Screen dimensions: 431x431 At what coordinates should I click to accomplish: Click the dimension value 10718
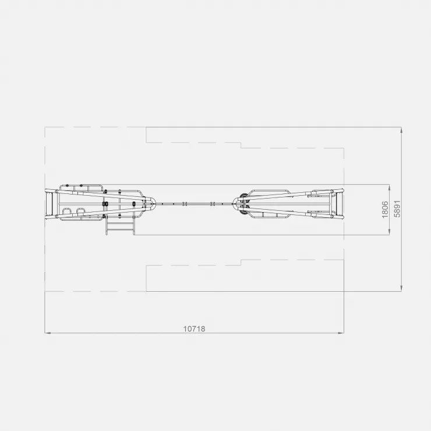click(x=194, y=328)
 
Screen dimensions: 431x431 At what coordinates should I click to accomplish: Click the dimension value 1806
click(x=385, y=210)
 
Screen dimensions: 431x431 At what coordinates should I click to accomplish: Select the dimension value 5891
click(x=397, y=209)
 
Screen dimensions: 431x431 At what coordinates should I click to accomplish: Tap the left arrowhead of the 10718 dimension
click(x=48, y=333)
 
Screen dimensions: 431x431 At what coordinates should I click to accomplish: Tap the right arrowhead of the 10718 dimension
click(x=341, y=333)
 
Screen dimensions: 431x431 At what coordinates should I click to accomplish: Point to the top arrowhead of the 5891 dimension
click(x=402, y=130)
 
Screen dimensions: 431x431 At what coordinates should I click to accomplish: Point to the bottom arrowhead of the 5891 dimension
click(x=402, y=288)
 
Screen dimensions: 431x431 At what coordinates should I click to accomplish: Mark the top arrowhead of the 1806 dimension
click(x=390, y=187)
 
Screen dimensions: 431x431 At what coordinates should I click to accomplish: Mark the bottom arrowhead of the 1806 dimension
click(x=390, y=232)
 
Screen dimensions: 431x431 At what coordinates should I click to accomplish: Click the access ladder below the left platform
click(x=121, y=225)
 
